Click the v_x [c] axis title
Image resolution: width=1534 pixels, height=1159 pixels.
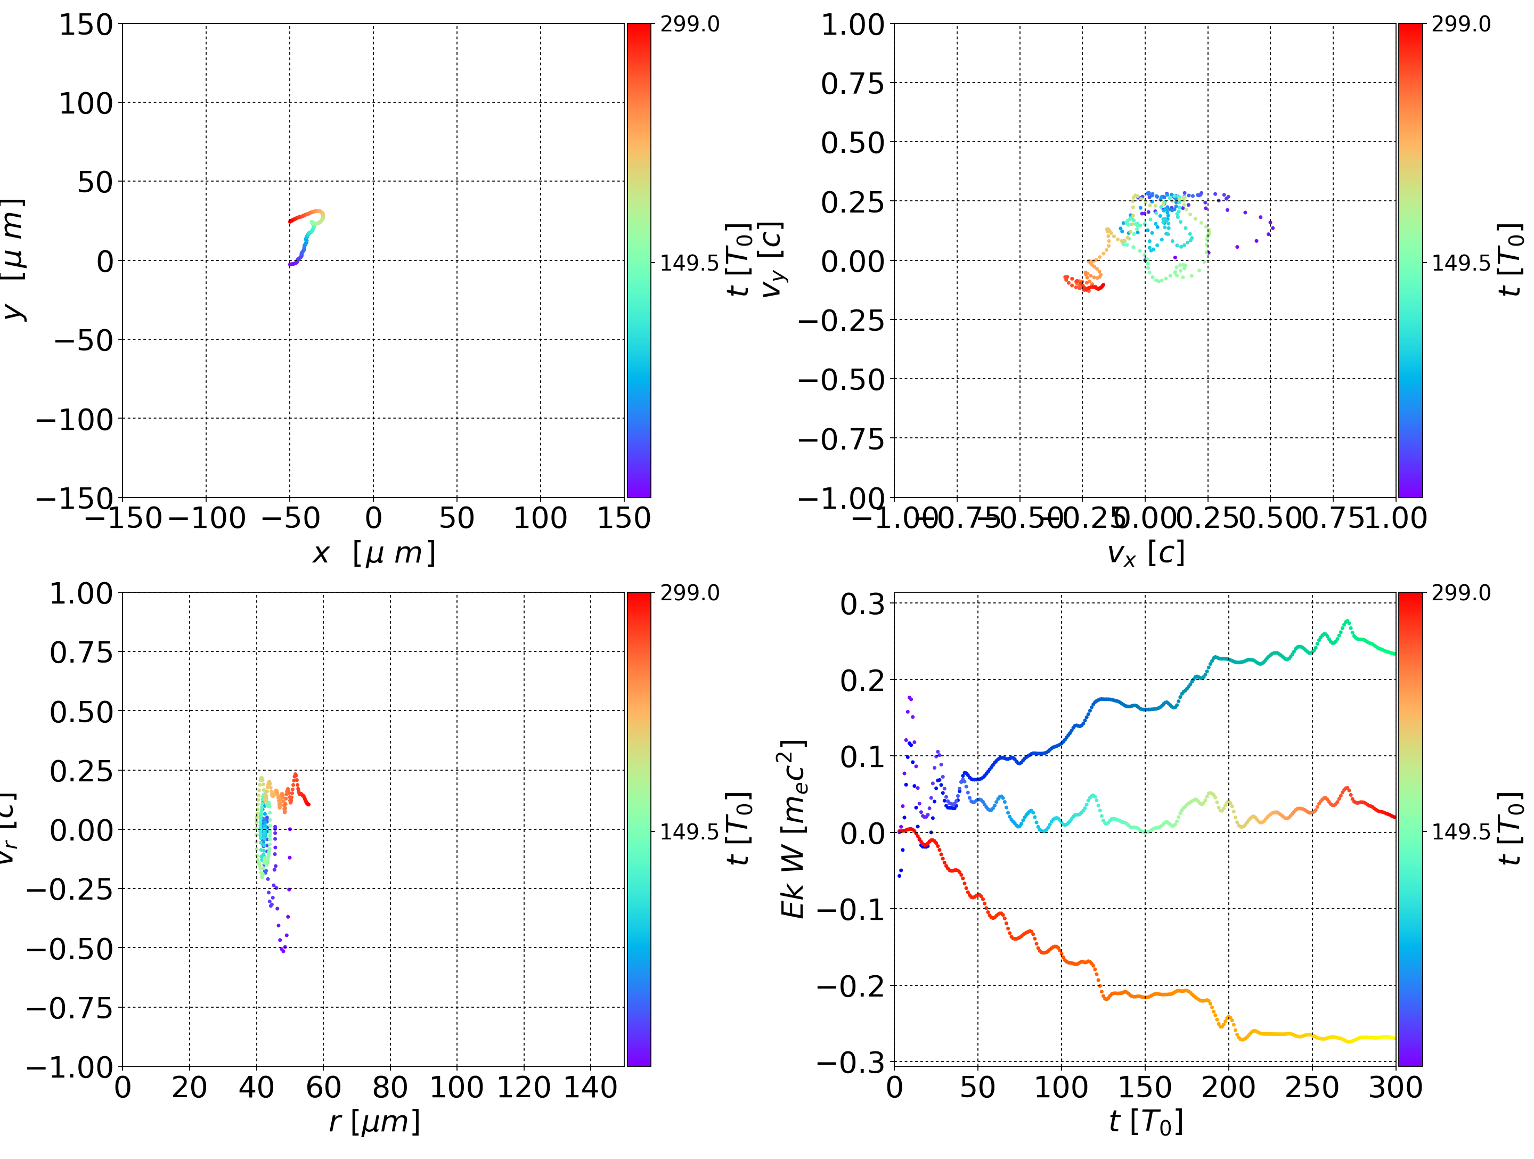click(x=1146, y=553)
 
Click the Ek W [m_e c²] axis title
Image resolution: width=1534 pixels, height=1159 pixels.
click(x=793, y=829)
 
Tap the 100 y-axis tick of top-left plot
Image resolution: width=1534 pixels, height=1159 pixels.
click(x=85, y=103)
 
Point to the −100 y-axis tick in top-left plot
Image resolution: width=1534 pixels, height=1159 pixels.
click(x=74, y=419)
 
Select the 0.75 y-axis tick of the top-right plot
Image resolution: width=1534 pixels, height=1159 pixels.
click(x=853, y=83)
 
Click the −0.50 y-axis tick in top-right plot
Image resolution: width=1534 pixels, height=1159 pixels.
click(x=841, y=379)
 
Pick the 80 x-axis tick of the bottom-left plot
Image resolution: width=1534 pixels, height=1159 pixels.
click(x=390, y=1087)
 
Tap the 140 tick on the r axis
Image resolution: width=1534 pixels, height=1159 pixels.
click(x=590, y=1087)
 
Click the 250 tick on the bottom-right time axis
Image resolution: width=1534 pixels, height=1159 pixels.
click(x=1312, y=1087)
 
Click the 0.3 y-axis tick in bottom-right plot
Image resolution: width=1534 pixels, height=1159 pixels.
click(x=863, y=603)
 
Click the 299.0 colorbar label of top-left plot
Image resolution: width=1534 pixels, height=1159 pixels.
click(x=689, y=25)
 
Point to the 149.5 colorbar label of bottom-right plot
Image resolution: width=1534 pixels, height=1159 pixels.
click(x=1460, y=831)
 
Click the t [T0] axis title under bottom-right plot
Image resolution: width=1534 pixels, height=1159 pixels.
click(x=1146, y=1122)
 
